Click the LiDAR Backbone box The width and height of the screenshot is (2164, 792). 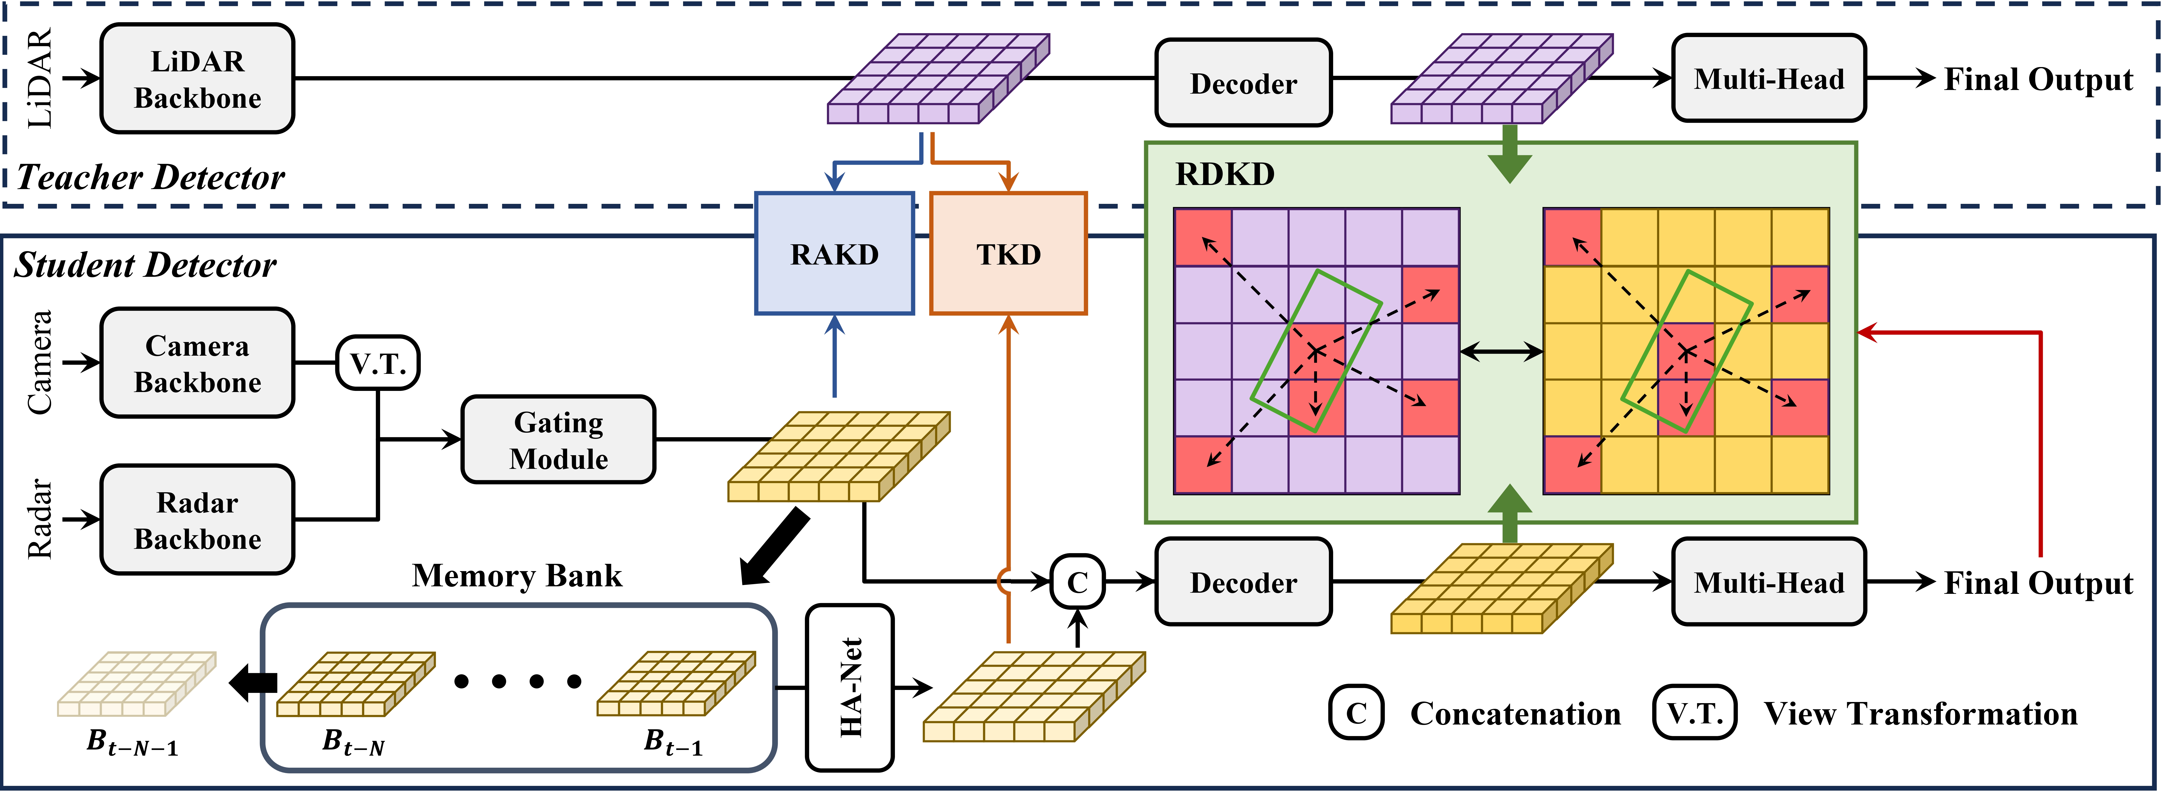click(197, 79)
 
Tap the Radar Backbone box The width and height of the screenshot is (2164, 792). click(197, 520)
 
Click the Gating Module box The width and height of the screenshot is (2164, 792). click(559, 440)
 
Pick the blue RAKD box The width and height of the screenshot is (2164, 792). click(834, 254)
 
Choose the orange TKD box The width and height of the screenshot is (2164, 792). click(1008, 254)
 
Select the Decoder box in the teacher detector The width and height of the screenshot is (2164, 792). click(1243, 83)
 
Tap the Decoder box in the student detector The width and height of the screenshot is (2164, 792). click(1243, 582)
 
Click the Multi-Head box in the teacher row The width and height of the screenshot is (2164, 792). click(1768, 79)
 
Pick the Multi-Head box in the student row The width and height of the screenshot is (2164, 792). click(1768, 582)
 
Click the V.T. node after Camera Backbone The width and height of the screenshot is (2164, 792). click(378, 363)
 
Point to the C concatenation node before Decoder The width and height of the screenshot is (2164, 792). click(1078, 581)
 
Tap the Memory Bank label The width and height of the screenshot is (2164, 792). click(517, 576)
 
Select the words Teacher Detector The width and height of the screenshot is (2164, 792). click(151, 177)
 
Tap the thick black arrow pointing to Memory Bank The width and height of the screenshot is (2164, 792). click(774, 546)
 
